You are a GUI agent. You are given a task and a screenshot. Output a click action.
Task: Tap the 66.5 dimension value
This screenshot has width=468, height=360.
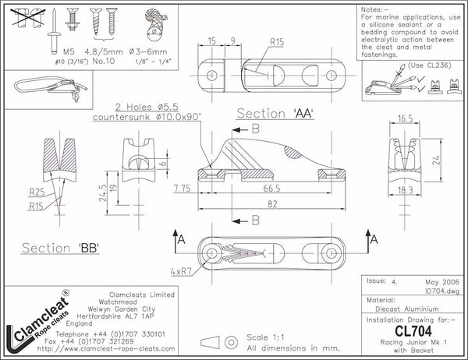click(x=271, y=189)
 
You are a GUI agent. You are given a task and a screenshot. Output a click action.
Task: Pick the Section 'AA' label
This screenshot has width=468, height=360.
click(x=274, y=114)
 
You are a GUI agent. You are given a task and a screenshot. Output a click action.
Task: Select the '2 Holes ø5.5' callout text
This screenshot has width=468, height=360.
click(x=147, y=107)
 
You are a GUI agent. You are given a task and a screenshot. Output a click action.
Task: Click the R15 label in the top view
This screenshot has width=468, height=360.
click(x=276, y=42)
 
